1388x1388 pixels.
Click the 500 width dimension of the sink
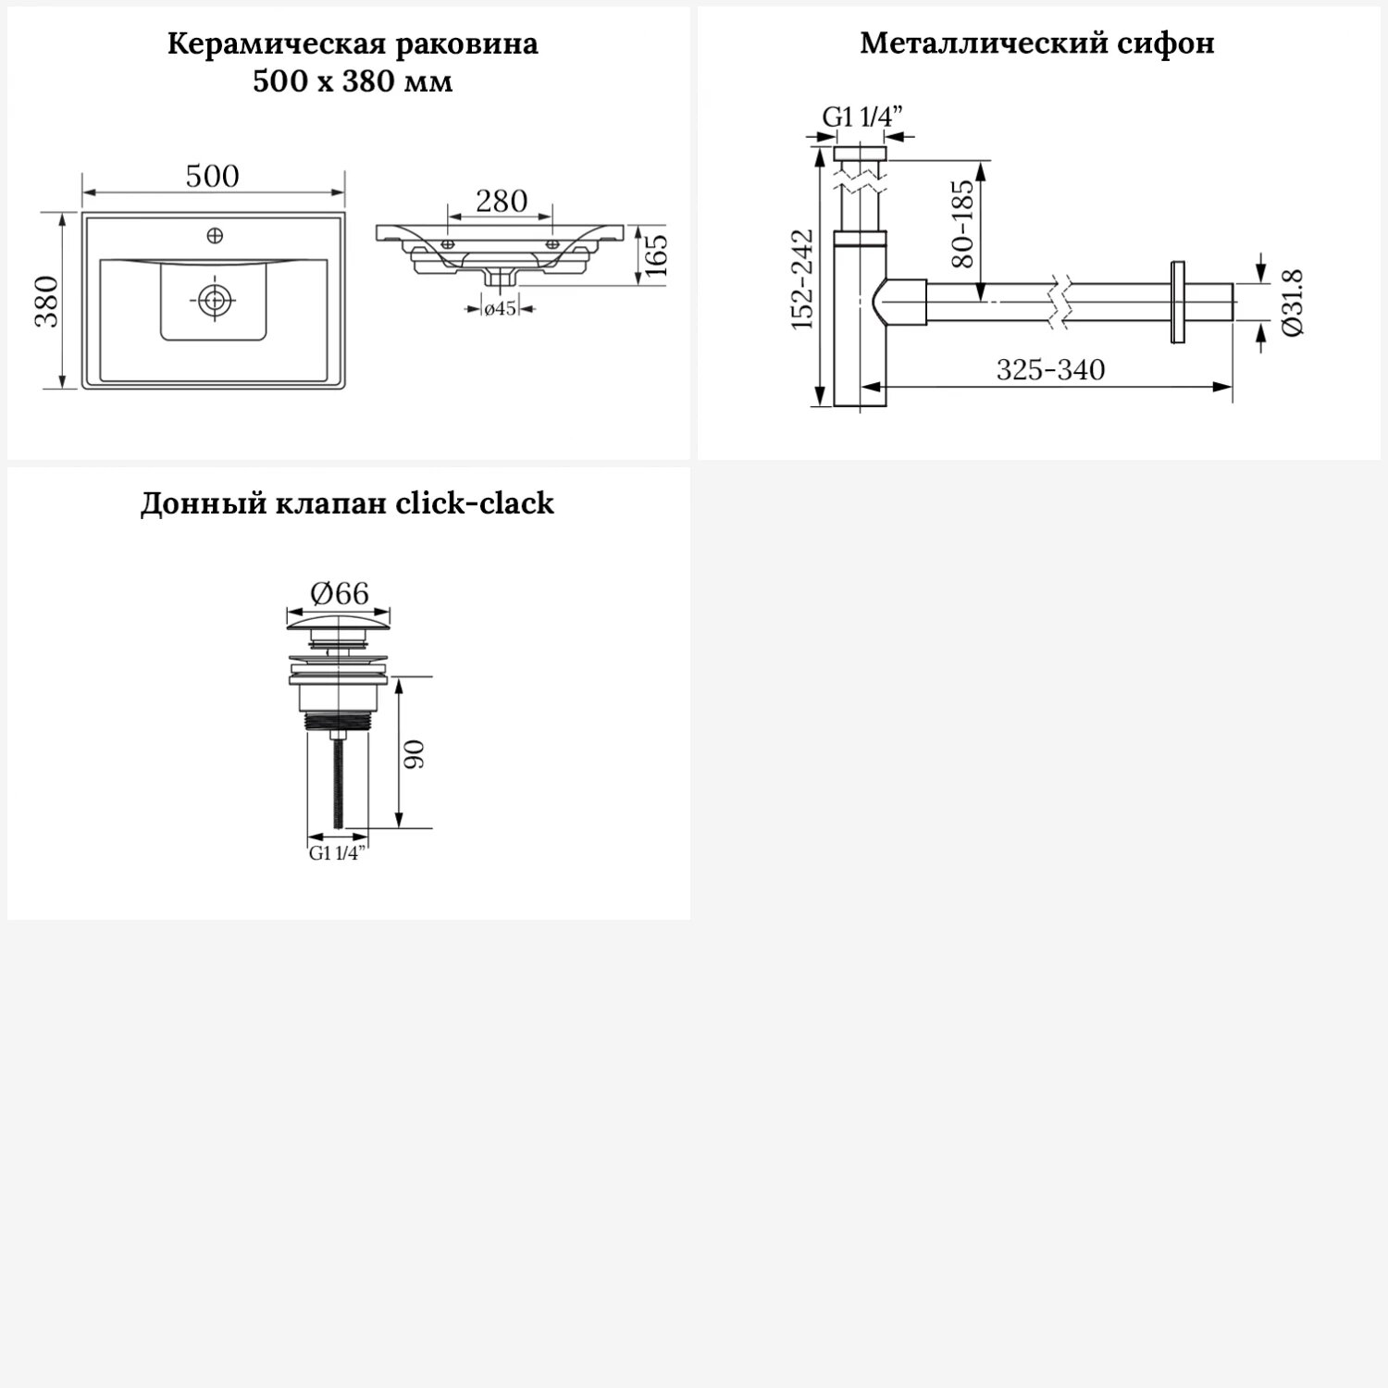click(x=212, y=176)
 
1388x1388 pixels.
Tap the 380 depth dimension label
click(x=45, y=301)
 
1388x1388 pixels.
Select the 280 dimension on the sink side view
click(x=501, y=201)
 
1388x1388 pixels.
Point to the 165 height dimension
click(x=655, y=255)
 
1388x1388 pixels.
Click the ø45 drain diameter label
click(x=500, y=309)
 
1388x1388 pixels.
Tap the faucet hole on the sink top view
click(x=215, y=236)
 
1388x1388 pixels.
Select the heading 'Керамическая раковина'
click(x=353, y=44)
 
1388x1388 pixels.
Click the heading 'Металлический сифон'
click(x=1036, y=43)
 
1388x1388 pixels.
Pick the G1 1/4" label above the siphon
click(x=862, y=117)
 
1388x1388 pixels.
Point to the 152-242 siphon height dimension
click(x=802, y=279)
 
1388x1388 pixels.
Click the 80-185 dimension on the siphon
click(x=963, y=224)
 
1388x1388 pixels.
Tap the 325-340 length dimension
click(x=1050, y=370)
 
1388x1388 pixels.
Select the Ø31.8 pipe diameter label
click(x=1293, y=302)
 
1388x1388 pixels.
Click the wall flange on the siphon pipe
click(x=1178, y=303)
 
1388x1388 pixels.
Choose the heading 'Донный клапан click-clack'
click(x=347, y=504)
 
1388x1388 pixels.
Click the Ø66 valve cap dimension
click(x=340, y=593)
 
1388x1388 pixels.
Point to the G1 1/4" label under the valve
click(x=337, y=854)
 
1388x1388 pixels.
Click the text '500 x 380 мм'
click(x=353, y=81)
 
